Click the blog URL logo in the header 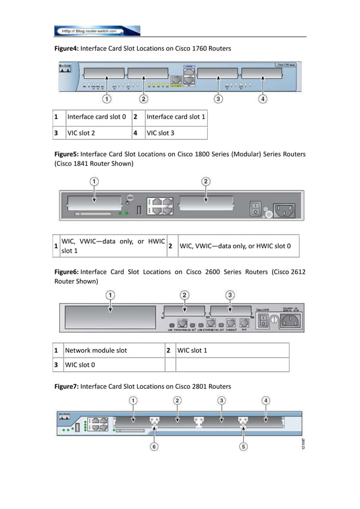pos(97,30)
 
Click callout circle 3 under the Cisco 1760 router pos(218,99)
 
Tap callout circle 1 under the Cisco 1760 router pos(106,99)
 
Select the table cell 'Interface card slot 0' pos(96,117)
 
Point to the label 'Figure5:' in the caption pos(67,154)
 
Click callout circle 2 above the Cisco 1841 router pos(207,181)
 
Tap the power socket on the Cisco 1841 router pos(283,209)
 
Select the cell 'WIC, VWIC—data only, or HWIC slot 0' pos(235,246)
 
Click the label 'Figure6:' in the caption pos(67,271)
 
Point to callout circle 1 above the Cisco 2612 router pos(111,295)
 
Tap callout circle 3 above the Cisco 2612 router pos(230,295)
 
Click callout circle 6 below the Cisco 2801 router pos(154,446)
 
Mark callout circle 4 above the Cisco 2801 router pos(266,400)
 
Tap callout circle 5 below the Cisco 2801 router pos(244,446)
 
